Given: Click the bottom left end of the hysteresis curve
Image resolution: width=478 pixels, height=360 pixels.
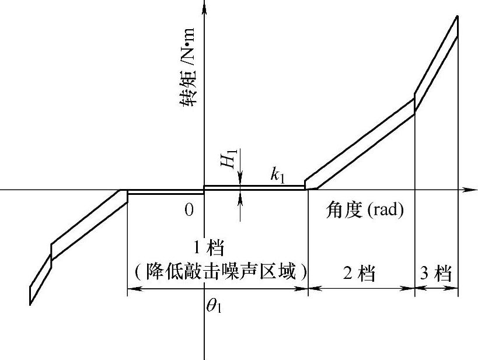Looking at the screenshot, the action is (30, 303).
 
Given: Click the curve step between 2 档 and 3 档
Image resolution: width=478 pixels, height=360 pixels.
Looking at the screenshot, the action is (414, 104).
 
